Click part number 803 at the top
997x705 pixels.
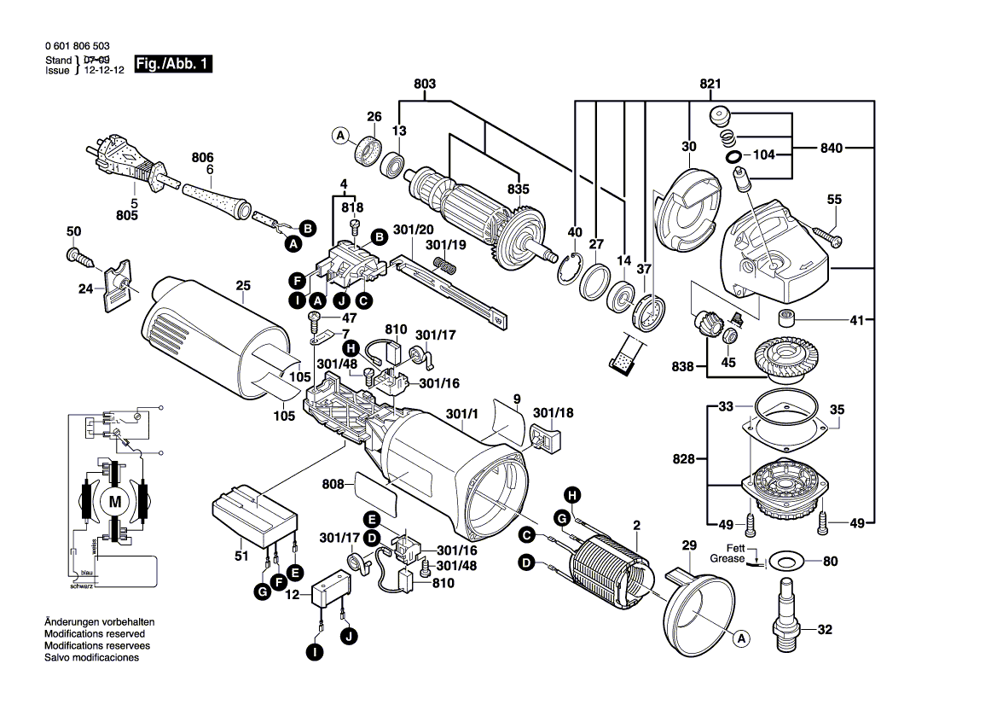coord(425,84)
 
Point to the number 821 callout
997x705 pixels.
coord(710,84)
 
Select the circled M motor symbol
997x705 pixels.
coord(113,502)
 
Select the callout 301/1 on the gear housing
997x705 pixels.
coord(461,416)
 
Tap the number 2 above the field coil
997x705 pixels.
coord(635,524)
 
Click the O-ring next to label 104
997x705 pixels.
coord(733,157)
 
